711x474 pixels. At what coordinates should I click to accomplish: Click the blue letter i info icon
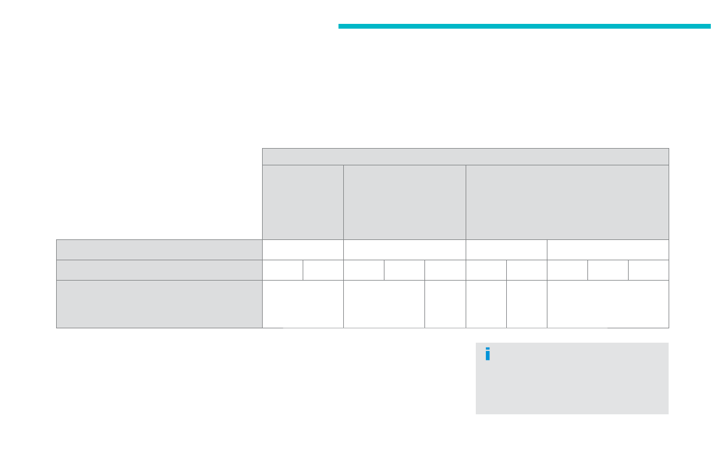[x=488, y=354]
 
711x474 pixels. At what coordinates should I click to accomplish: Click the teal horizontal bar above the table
[x=524, y=26]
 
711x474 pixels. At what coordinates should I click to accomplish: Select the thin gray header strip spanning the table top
[x=466, y=156]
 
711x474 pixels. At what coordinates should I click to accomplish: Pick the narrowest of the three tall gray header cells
[x=303, y=202]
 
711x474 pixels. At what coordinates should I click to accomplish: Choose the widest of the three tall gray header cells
[x=567, y=202]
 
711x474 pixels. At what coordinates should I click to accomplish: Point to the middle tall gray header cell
[x=405, y=202]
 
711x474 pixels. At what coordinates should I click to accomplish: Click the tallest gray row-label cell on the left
[x=159, y=304]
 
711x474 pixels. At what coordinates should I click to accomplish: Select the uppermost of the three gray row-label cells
[x=159, y=250]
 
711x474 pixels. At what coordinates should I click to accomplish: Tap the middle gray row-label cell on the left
[x=159, y=270]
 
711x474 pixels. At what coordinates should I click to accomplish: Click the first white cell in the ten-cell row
[x=282, y=270]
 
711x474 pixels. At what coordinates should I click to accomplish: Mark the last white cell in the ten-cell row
[x=648, y=270]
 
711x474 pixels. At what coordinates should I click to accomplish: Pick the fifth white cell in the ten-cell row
[x=445, y=270]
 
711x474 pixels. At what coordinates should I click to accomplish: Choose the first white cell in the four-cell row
[x=303, y=250]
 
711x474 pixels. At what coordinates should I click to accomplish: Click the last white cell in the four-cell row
[x=608, y=250]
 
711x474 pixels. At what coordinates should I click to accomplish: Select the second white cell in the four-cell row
[x=405, y=250]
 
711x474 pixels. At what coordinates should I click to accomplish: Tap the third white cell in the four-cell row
[x=506, y=250]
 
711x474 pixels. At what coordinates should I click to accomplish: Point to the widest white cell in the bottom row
[x=608, y=304]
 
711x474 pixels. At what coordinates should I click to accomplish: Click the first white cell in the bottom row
[x=303, y=304]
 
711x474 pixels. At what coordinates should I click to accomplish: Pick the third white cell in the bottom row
[x=445, y=304]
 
